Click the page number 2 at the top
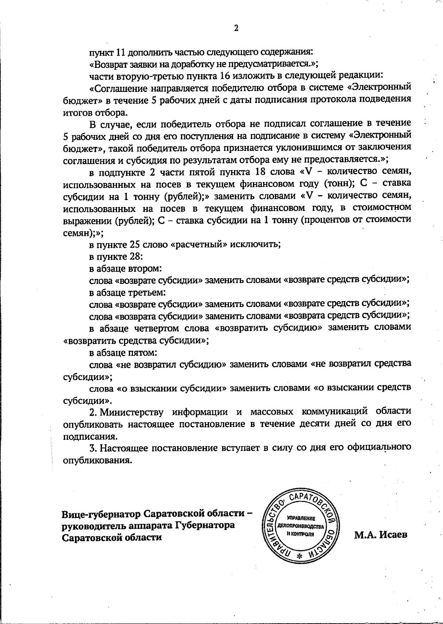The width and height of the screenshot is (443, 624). pyautogui.click(x=236, y=28)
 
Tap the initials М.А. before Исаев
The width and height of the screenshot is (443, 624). pyautogui.click(x=364, y=535)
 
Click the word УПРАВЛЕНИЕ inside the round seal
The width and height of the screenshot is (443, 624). pyautogui.click(x=300, y=518)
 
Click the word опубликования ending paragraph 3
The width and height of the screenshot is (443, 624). pyautogui.click(x=97, y=461)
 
